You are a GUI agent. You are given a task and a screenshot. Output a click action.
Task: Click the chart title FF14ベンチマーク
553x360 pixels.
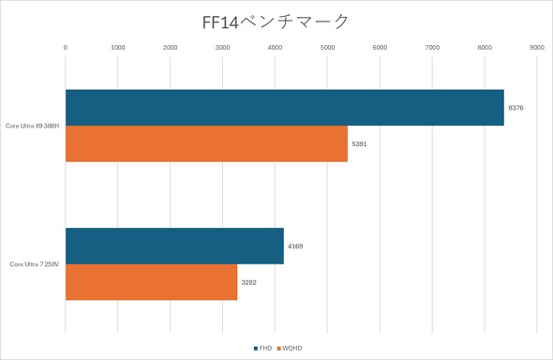pos(276,20)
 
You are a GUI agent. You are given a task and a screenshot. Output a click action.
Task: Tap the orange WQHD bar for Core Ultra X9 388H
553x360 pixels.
pos(206,143)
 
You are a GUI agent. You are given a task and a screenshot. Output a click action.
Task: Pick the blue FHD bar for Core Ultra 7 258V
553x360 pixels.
pos(174,246)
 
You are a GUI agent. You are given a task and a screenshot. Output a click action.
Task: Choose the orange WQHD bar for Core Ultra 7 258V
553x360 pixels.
pos(151,281)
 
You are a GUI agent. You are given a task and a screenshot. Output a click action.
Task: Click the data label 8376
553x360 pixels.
pos(516,109)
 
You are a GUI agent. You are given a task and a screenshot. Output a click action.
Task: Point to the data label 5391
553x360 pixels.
pos(359,144)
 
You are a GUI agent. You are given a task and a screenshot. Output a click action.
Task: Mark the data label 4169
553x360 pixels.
pos(295,247)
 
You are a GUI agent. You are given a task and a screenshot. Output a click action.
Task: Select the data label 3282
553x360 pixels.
pos(248,282)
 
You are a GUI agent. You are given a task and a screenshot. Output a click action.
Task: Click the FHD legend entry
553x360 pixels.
pos(264,348)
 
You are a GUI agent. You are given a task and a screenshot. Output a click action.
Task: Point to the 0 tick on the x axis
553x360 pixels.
pos(65,46)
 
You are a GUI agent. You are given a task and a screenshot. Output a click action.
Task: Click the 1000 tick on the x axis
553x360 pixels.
pos(117,46)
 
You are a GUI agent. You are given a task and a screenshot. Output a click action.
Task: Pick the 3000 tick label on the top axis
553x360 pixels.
pos(222,46)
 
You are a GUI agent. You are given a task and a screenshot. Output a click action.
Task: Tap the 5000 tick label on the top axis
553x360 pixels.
pos(327,46)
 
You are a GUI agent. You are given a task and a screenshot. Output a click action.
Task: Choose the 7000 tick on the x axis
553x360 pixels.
pos(432,46)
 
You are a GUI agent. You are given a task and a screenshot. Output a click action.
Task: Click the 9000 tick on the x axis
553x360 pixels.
pos(537,46)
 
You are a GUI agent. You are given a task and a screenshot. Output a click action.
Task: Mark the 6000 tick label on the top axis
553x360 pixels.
pos(380,46)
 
